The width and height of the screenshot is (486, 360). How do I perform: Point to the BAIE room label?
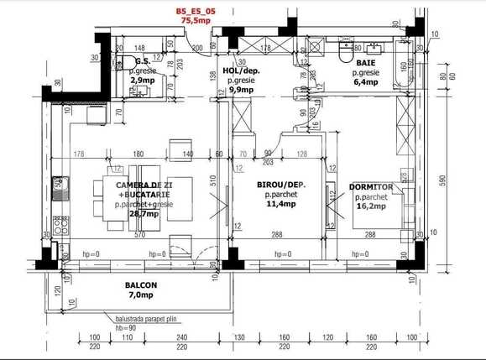(x=367, y=62)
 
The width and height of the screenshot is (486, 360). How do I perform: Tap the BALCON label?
(x=142, y=285)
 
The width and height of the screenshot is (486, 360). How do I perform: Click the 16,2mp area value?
(x=370, y=206)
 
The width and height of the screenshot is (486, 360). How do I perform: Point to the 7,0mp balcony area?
(x=142, y=295)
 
